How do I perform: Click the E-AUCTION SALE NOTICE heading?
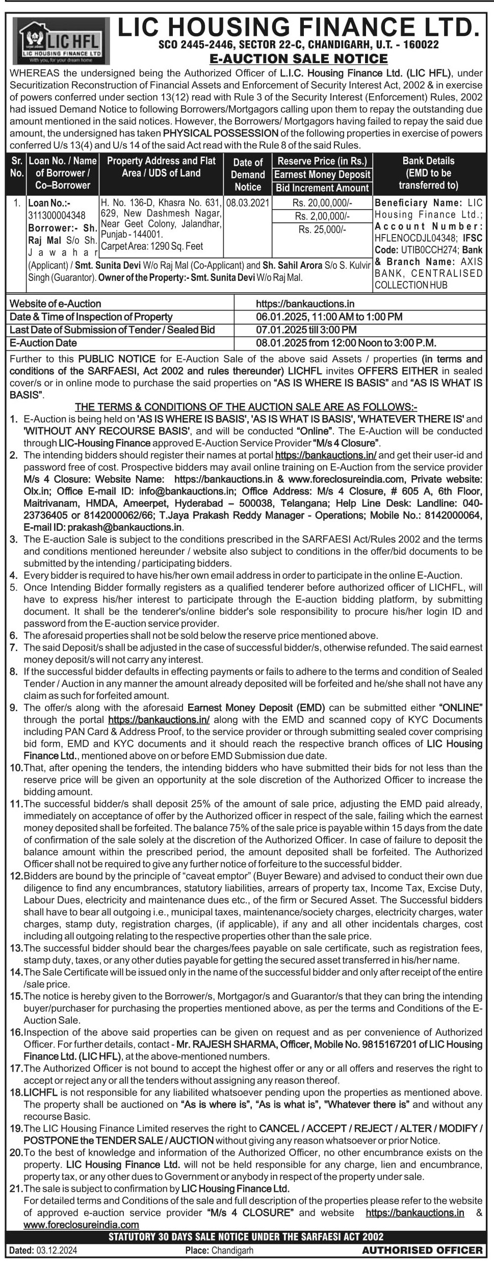[298, 59]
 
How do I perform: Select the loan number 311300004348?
[57, 215]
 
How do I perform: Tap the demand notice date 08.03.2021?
[248, 203]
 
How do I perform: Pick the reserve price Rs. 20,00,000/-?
[322, 203]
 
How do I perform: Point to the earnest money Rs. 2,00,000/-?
[322, 216]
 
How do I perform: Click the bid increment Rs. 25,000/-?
[322, 229]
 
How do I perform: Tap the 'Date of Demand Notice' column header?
[248, 174]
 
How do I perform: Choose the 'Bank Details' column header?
[428, 173]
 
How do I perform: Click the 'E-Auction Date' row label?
[43, 343]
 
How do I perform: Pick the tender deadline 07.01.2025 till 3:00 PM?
[306, 330]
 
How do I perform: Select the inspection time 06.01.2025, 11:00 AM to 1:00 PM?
[329, 317]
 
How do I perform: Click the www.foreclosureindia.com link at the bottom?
[82, 1224]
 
